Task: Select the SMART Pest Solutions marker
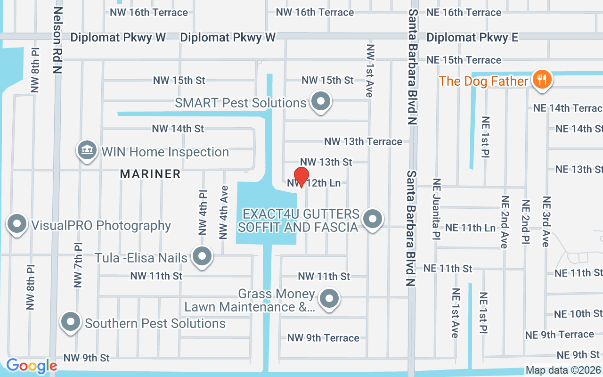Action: click(x=321, y=101)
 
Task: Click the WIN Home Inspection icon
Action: click(x=87, y=150)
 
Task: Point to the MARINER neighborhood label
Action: click(x=150, y=174)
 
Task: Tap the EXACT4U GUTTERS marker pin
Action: click(x=373, y=219)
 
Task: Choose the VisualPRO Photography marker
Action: click(x=17, y=224)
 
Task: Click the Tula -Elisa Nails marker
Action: click(x=203, y=256)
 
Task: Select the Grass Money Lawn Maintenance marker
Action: click(x=329, y=298)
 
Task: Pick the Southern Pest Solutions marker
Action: click(x=71, y=322)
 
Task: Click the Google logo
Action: click(x=31, y=366)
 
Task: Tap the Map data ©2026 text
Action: click(x=563, y=370)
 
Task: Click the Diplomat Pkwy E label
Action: click(x=472, y=38)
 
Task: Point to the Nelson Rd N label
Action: click(x=57, y=40)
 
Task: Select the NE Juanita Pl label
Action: click(x=436, y=208)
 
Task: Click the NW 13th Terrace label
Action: click(x=363, y=141)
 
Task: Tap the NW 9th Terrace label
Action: click(x=323, y=338)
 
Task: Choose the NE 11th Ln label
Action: click(x=470, y=228)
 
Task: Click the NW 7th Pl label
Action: click(x=78, y=265)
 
